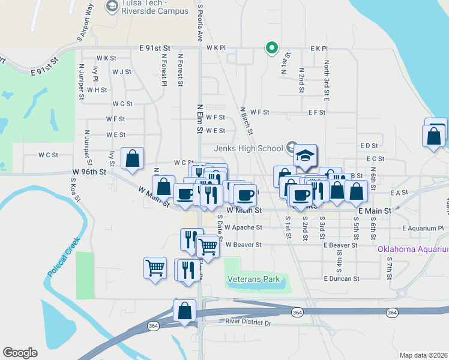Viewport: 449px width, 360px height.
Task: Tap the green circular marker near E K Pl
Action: point(271,47)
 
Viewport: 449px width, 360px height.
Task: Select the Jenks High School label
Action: point(248,148)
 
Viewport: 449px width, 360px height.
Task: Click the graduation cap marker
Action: point(305,155)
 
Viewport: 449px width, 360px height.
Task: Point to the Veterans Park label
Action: point(254,279)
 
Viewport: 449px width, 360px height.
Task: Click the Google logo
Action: point(20,353)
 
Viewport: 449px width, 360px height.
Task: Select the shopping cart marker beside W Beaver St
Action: point(207,247)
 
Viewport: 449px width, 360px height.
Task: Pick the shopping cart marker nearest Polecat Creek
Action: point(155,268)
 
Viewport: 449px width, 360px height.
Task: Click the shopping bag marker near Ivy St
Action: point(132,159)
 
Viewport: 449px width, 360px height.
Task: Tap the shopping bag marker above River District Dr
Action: point(184,311)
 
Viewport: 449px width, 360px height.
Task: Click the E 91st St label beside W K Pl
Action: point(155,47)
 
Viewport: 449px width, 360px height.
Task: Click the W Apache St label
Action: point(243,228)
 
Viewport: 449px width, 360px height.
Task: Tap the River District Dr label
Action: point(249,323)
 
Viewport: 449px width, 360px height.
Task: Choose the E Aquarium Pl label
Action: point(423,229)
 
